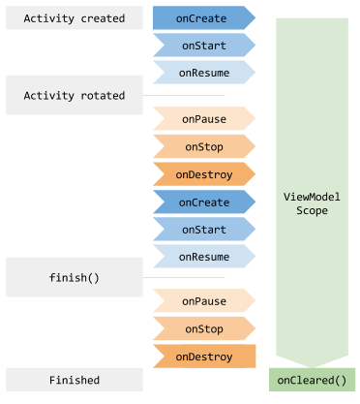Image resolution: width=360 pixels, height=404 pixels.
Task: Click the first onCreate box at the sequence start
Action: coord(202,17)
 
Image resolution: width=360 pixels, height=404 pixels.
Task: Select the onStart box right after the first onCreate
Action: coord(202,45)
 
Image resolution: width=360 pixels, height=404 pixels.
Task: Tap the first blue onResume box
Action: coord(202,72)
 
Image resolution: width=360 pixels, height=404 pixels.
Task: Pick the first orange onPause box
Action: coord(202,119)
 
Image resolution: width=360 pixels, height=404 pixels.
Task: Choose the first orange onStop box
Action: coord(202,146)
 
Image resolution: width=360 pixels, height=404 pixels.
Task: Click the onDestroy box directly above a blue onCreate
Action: coord(202,174)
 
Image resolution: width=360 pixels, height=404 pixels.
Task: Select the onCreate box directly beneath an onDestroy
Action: coord(202,202)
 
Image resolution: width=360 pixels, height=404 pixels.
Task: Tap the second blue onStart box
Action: coord(202,230)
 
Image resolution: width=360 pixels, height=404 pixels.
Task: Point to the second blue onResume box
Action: coord(202,257)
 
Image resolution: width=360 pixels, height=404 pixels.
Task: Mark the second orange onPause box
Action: coord(202,301)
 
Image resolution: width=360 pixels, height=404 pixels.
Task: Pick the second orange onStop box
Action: coord(202,328)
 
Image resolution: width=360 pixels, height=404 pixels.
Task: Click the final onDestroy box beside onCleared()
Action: coord(203,357)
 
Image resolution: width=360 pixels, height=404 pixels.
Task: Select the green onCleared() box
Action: coord(312,380)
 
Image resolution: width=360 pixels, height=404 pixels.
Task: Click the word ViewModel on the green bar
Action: coord(312,197)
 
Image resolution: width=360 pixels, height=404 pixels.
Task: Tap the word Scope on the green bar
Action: coord(312,210)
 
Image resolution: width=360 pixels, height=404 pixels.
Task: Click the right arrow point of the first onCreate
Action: coord(253,17)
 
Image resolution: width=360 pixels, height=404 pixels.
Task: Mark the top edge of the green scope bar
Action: coord(312,18)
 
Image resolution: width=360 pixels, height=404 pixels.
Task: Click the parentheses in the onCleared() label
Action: coord(339,380)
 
